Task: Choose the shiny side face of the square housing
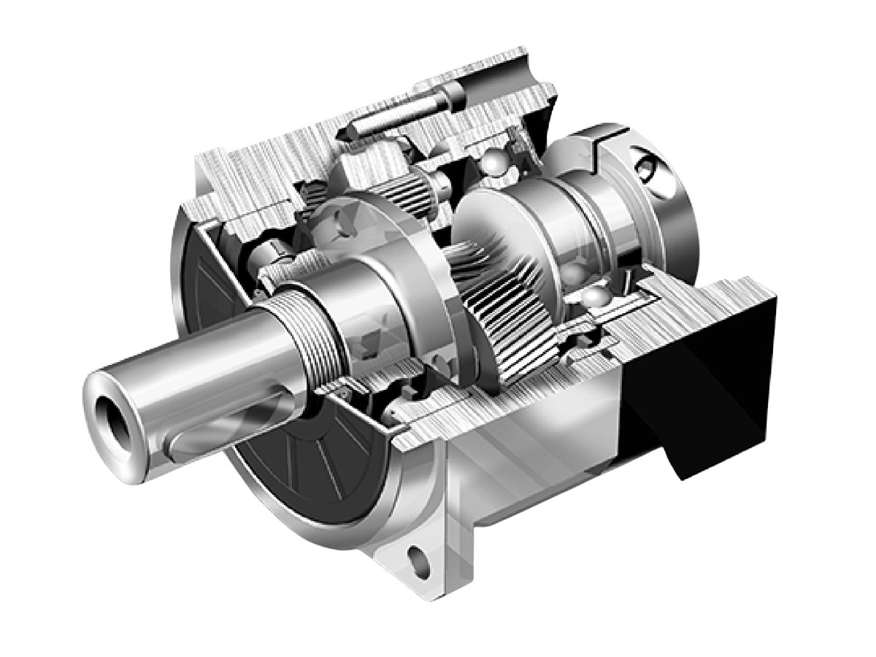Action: tap(540, 467)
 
